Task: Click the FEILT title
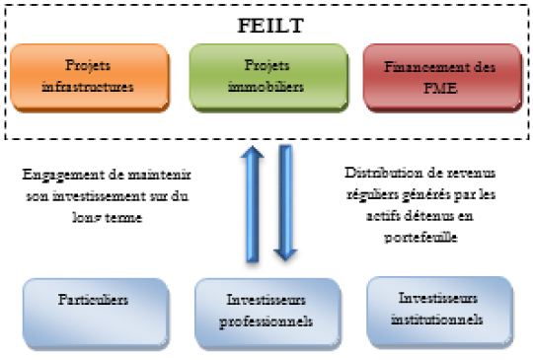270,26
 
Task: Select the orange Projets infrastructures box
90,78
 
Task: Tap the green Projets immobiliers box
268,78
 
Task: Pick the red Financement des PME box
442,78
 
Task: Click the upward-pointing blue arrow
253,204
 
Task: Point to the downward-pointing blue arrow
285,203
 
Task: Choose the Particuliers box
96,314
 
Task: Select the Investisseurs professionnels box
267,314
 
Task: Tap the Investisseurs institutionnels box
440,313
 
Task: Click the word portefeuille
420,237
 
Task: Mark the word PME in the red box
440,89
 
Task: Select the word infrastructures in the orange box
88,87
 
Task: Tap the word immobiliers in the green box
266,87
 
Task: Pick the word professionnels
266,322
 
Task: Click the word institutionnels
437,320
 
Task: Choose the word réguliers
372,195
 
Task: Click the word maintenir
160,176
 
